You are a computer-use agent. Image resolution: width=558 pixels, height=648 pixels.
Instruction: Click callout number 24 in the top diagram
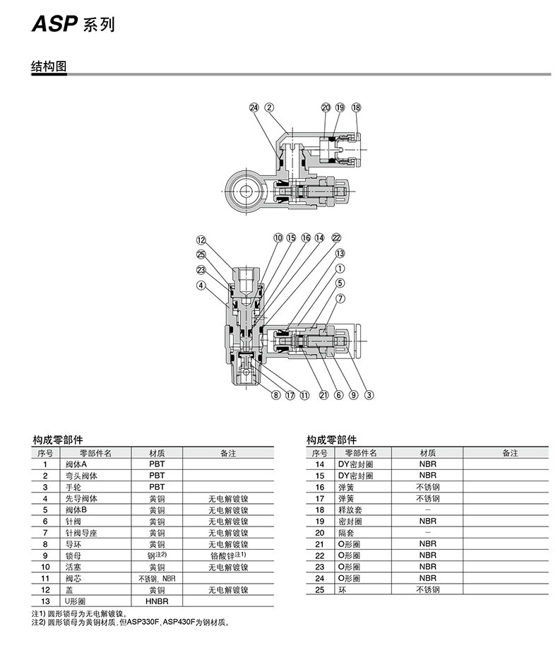coord(254,107)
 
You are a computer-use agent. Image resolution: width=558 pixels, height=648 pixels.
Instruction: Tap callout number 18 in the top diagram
coord(356,107)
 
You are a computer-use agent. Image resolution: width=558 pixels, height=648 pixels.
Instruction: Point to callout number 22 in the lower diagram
coord(336,238)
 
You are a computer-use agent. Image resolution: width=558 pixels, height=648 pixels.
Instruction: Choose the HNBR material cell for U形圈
coord(157,601)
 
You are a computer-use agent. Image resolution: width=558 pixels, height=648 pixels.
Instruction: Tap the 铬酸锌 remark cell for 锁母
coord(227,555)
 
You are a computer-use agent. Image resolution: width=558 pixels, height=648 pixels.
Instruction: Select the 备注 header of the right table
coord(509,453)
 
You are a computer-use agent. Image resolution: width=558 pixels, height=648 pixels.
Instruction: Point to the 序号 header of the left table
coord(45,453)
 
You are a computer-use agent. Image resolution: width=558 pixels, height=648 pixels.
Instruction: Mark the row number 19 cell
coord(319,521)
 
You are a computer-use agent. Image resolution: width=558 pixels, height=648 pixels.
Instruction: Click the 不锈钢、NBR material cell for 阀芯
coord(157,578)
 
